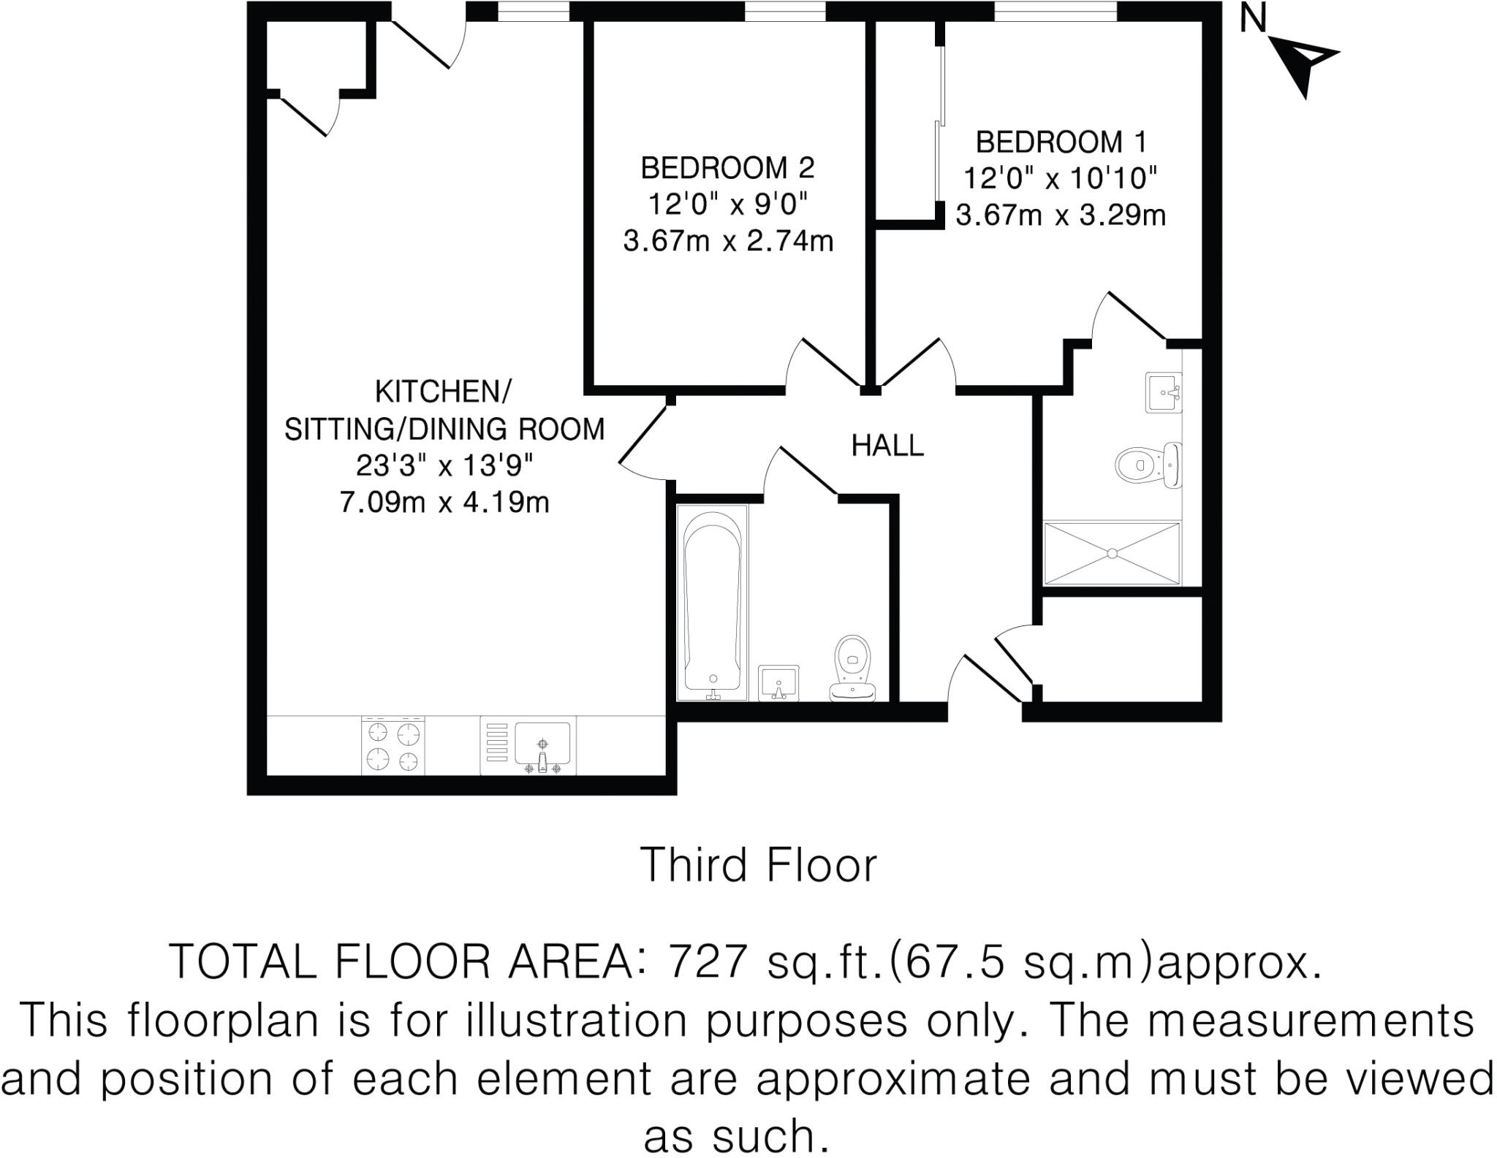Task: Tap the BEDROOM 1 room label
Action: (x=1061, y=142)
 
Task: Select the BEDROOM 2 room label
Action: (x=727, y=169)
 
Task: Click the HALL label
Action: (x=887, y=446)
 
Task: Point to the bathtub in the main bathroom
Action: (x=713, y=603)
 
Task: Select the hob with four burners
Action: (x=393, y=745)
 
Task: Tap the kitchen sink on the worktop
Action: (x=542, y=745)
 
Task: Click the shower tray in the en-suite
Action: (x=1112, y=553)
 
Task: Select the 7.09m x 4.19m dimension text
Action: (x=444, y=503)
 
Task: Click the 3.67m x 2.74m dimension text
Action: (x=728, y=240)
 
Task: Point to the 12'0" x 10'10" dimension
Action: (x=1060, y=178)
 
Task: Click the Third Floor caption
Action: (x=758, y=866)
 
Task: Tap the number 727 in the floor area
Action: (x=708, y=962)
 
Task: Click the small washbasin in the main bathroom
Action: (x=778, y=683)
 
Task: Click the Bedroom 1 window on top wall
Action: (x=1056, y=12)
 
